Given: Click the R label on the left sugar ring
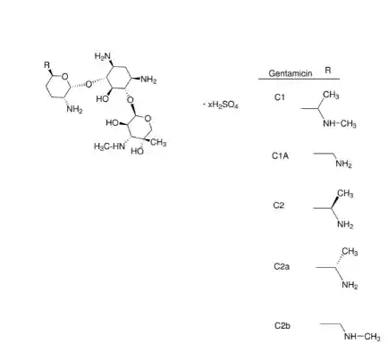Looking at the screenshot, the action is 47,64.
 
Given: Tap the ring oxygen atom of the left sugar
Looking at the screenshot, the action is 64,77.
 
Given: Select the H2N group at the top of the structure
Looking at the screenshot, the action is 103,56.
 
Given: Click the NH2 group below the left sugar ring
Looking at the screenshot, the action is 74,109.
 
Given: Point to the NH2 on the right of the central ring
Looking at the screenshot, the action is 148,80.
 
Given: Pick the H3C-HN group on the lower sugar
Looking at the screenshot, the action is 109,147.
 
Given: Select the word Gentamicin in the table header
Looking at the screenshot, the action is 291,73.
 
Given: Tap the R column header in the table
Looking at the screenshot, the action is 328,70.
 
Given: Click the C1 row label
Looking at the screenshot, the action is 280,97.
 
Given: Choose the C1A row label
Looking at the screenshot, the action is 280,155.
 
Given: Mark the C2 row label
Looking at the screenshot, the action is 279,205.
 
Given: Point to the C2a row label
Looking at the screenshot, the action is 282,266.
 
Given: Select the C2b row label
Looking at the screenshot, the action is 283,325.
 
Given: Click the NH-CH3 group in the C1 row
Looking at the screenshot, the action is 340,123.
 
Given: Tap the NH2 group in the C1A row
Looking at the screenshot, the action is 343,164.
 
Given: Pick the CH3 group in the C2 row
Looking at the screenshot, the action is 345,194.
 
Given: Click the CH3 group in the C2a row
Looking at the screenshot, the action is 350,252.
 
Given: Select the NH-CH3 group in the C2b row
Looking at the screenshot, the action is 362,337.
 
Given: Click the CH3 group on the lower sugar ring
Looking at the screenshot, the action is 158,143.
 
